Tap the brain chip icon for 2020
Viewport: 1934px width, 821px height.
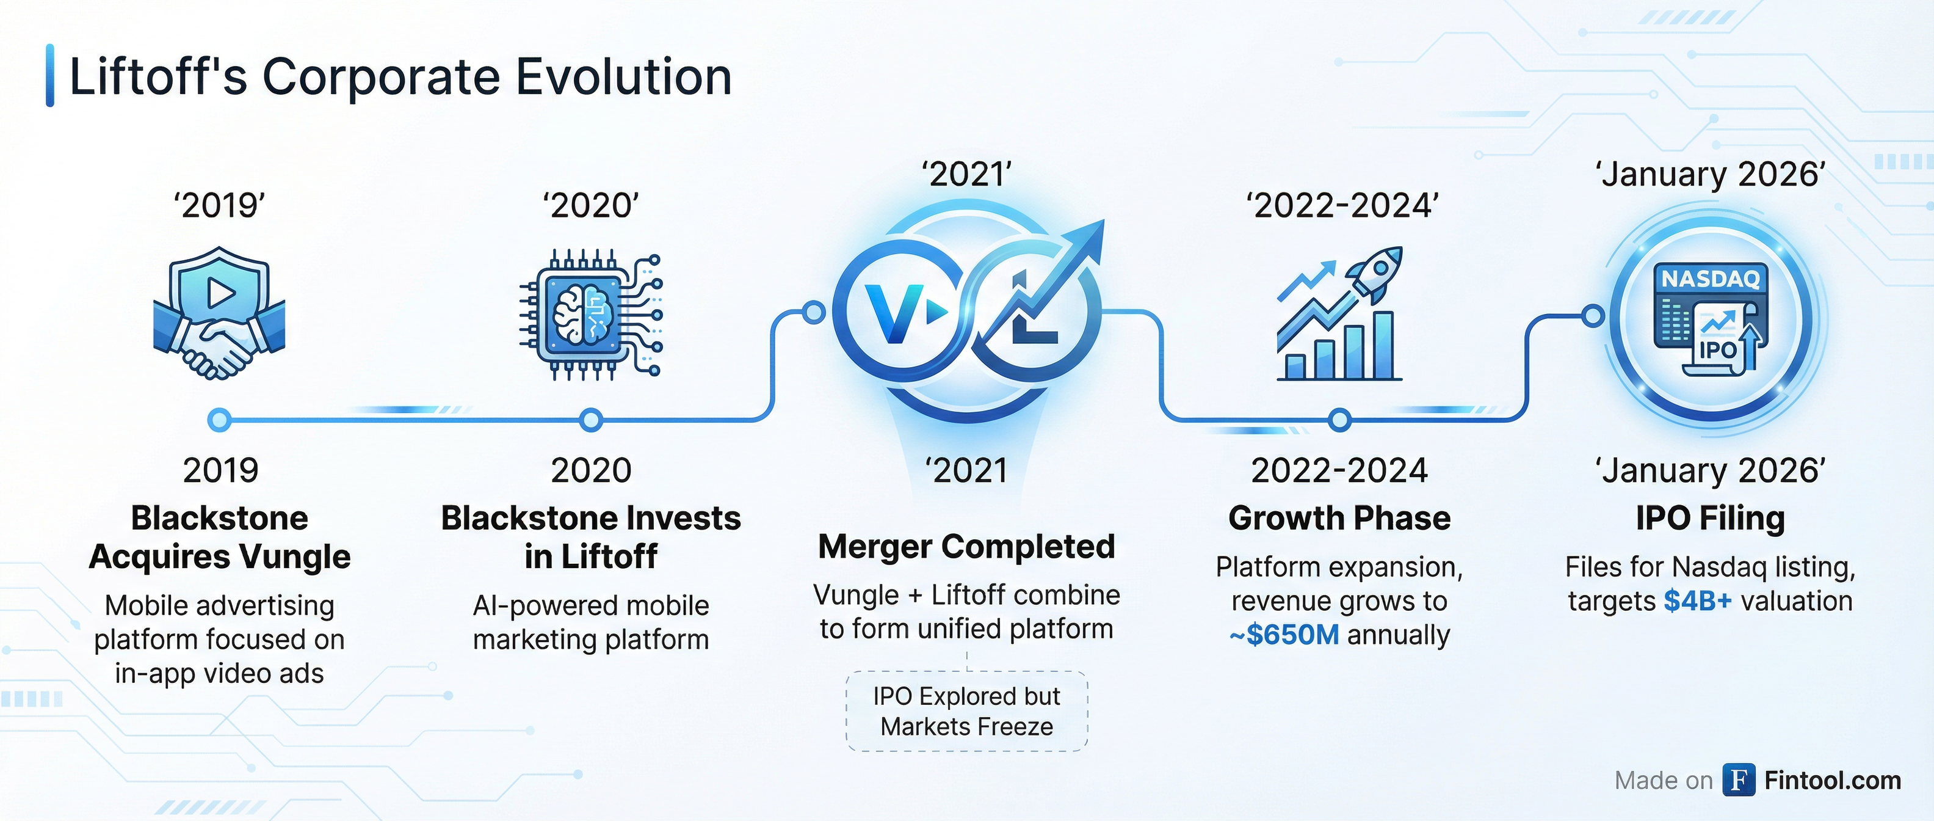pos(591,314)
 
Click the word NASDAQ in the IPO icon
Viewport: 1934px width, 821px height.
pos(1711,279)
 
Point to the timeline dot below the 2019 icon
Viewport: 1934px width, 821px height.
pos(219,420)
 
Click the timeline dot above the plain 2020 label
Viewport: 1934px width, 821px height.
pos(591,420)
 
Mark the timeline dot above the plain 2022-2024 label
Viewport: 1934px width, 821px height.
pos(1339,420)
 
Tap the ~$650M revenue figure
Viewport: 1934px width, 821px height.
pos(1284,635)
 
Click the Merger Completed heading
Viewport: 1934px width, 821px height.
pos(966,547)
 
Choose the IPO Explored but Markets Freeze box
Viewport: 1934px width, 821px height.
pos(967,711)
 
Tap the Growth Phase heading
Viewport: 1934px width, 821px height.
pos(1339,518)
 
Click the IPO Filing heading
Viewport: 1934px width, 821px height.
pos(1711,518)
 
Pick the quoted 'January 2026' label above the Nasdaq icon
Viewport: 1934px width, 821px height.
pos(1711,174)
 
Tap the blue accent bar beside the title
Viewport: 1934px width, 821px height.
pos(50,75)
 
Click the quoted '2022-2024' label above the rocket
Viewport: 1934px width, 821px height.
pos(1342,205)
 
